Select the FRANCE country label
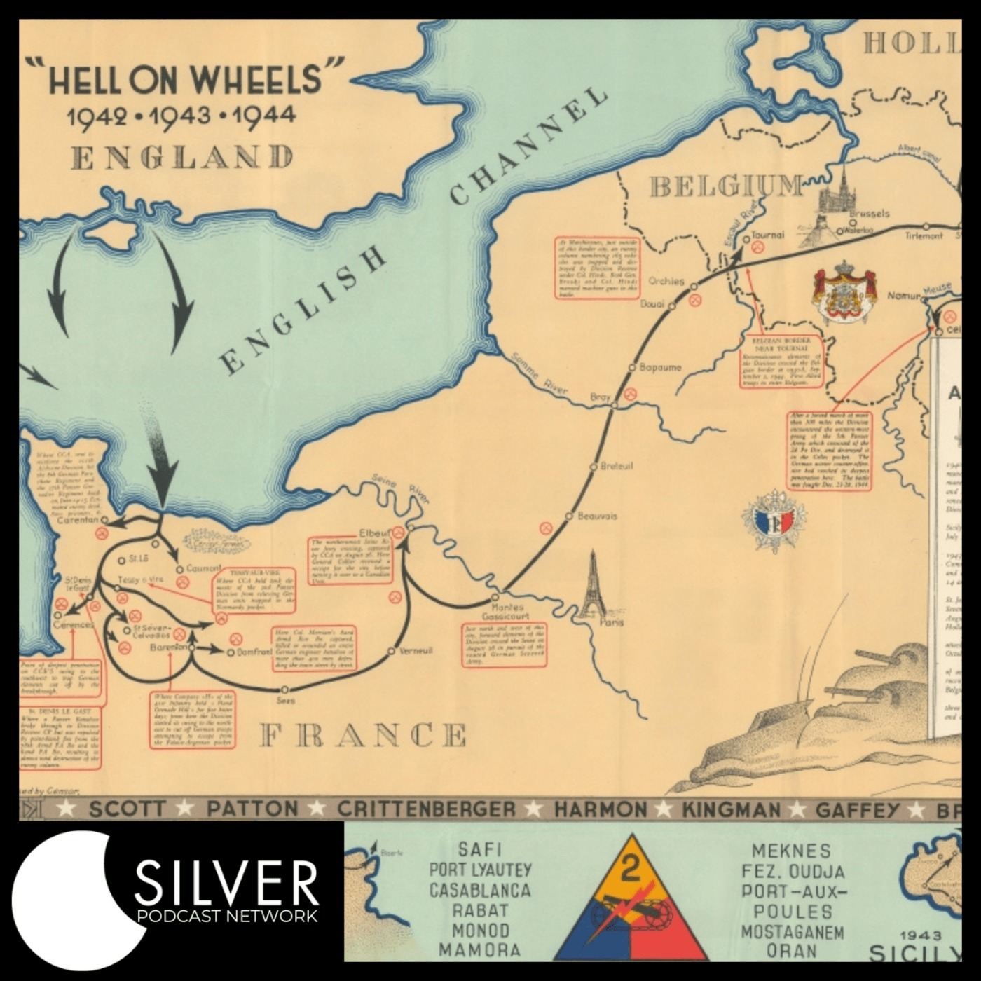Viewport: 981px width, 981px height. [x=362, y=735]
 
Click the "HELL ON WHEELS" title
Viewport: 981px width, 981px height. [x=185, y=79]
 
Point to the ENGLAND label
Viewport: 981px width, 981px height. [x=182, y=157]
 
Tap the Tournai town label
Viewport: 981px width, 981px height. [x=767, y=235]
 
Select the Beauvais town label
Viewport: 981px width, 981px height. [x=597, y=516]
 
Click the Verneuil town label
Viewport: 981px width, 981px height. [x=416, y=651]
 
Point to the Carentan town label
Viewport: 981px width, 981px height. [x=77, y=520]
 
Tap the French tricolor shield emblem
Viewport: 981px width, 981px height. [x=774, y=521]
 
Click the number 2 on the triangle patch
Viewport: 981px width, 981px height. [x=631, y=869]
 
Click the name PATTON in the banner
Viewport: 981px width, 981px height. [x=252, y=809]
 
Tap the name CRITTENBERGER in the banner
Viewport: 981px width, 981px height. [x=426, y=809]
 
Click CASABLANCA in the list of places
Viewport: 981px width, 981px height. [x=480, y=891]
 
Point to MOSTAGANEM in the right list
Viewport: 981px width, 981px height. [x=793, y=932]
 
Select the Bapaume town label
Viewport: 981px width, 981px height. [x=660, y=367]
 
